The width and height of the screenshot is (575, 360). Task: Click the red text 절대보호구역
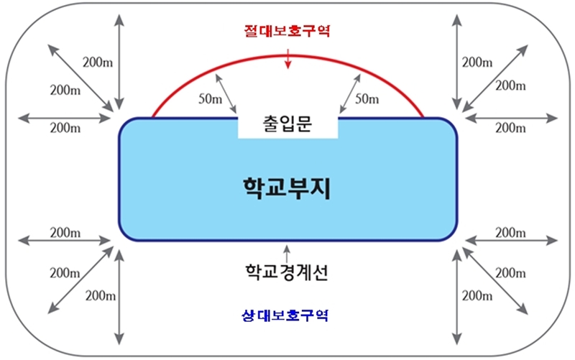287,31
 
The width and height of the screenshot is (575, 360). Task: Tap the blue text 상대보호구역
285,315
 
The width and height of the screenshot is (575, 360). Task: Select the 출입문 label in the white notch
287,124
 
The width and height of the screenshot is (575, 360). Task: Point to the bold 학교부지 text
287,188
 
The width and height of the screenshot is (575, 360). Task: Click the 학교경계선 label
286,272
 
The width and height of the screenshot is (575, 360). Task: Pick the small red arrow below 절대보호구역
288,59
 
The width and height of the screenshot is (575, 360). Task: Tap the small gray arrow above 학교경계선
287,254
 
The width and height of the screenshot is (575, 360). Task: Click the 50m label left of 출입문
211,99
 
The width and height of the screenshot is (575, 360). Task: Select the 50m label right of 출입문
367,99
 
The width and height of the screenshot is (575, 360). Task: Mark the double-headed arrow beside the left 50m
226,94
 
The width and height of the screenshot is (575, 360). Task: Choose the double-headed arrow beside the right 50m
350,94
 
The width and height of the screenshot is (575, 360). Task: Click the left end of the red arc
153,116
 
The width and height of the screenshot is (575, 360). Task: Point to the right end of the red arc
423,116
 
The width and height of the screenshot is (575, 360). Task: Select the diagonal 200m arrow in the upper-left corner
80,78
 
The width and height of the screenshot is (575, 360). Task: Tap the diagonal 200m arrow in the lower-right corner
494,281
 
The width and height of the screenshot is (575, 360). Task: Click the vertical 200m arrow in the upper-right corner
456,62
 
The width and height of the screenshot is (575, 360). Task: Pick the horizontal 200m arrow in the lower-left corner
64,241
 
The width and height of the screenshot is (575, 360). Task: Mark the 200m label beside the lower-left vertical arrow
101,295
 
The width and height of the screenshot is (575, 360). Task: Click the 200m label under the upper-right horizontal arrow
510,128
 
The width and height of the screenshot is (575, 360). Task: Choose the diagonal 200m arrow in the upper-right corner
494,78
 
